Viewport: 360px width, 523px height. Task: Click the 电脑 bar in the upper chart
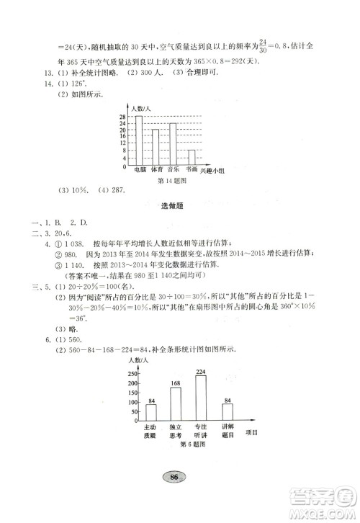(x=138, y=140)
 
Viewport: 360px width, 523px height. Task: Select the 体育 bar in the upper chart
(x=156, y=147)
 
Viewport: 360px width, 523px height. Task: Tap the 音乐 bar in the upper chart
(x=173, y=144)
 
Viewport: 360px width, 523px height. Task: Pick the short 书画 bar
(x=192, y=158)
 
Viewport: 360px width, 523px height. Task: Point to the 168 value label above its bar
(x=176, y=383)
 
